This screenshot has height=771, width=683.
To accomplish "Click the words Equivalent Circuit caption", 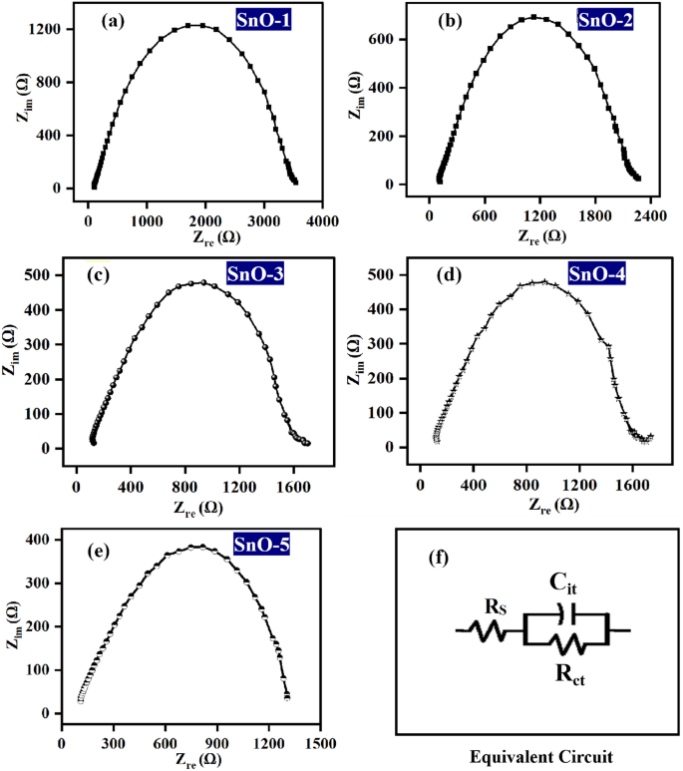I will [x=537, y=757].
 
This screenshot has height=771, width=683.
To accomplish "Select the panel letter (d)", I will [x=450, y=274].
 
